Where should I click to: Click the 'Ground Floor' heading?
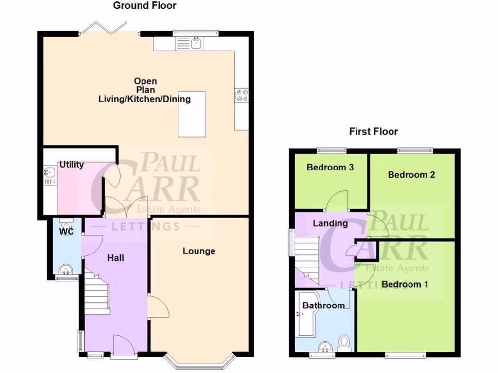[x=144, y=6]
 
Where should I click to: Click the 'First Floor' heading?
[x=373, y=131]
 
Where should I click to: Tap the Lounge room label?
[x=199, y=251]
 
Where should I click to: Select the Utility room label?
[x=71, y=165]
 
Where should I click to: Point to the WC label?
[x=67, y=232]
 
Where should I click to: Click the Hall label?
[x=115, y=258]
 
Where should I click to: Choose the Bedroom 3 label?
[x=330, y=168]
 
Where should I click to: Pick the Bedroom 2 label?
[x=411, y=175]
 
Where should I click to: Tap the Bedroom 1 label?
[x=405, y=284]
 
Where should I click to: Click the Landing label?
[x=330, y=223]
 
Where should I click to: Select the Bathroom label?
[x=324, y=305]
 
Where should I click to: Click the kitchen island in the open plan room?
[x=192, y=114]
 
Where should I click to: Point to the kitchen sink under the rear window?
[x=196, y=44]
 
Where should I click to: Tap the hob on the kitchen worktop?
[x=241, y=95]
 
